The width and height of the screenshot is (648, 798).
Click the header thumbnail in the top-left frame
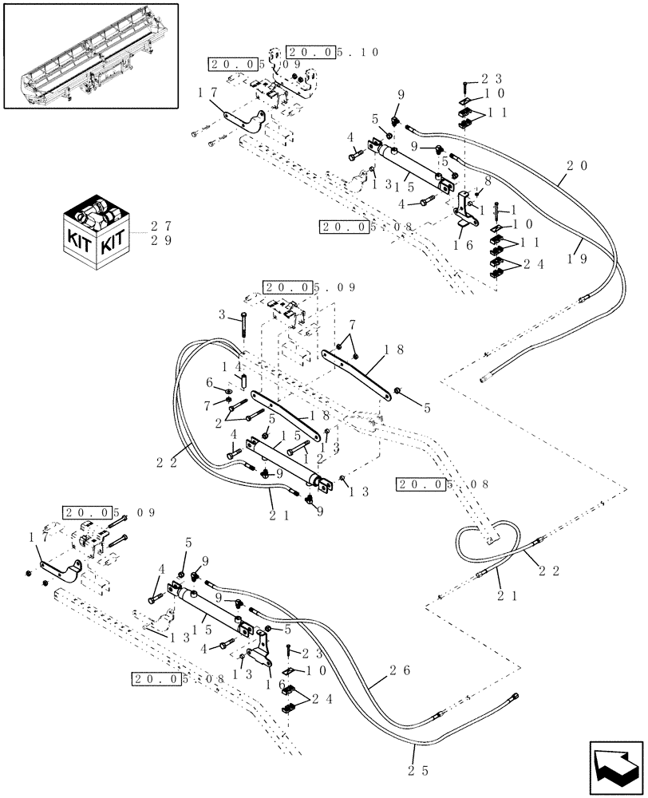tap(90, 55)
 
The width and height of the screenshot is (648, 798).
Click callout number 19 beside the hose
tap(578, 257)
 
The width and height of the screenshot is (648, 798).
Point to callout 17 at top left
tap(205, 93)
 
